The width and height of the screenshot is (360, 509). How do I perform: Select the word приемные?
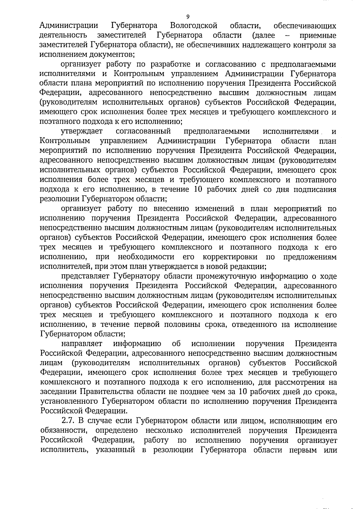pos(318,35)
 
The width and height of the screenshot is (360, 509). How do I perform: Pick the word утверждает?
pos(82,131)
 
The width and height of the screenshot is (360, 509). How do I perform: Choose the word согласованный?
pos(143,131)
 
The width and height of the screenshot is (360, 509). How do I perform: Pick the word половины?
pos(175,325)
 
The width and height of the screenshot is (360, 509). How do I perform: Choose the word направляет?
pos(82,344)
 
